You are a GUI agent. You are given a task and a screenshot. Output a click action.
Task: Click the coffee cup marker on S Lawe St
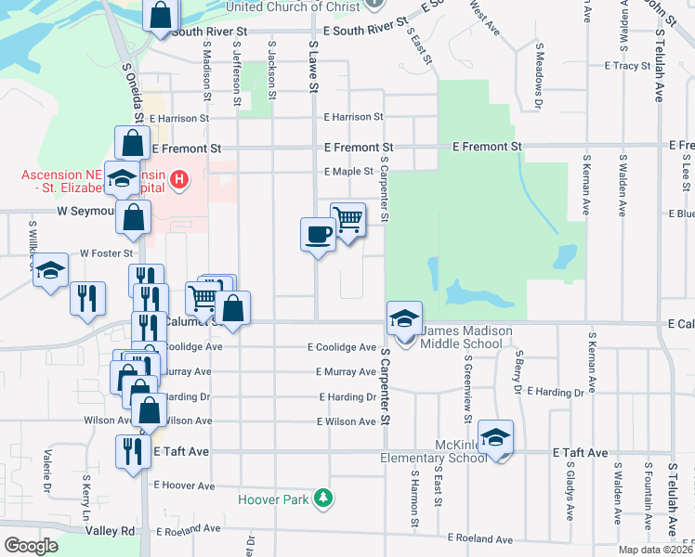pyautogui.click(x=318, y=233)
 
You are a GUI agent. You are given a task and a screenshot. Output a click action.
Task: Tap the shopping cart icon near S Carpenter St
pyautogui.click(x=347, y=220)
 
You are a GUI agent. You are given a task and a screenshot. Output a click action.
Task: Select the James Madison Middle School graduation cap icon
pyautogui.click(x=404, y=318)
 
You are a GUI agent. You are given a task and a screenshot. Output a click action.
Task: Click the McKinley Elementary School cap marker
pyautogui.click(x=496, y=437)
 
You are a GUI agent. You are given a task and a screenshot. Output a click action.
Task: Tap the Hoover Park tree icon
pyautogui.click(x=322, y=499)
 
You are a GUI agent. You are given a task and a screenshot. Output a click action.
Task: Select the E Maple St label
pyautogui.click(x=348, y=172)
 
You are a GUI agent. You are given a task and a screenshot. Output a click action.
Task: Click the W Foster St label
pyautogui.click(x=108, y=252)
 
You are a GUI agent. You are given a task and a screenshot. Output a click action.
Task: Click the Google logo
pyautogui.click(x=31, y=546)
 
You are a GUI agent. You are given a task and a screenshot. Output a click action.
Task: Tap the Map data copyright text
pyautogui.click(x=654, y=550)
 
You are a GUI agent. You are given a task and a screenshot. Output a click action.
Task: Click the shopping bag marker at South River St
pyautogui.click(x=161, y=15)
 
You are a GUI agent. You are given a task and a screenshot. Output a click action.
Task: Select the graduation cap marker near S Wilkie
pyautogui.click(x=50, y=270)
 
